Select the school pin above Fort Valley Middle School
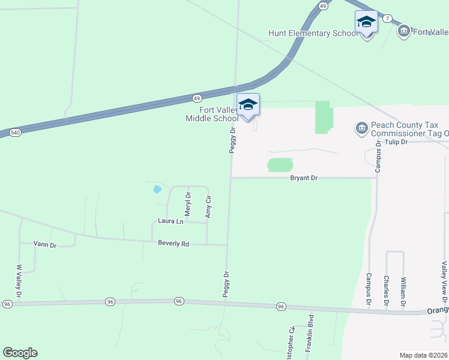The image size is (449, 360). (x=248, y=105)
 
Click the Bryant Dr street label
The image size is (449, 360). (x=303, y=178)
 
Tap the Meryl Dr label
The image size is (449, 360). (x=188, y=204)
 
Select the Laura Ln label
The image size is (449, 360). (x=171, y=221)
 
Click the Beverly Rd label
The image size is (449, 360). (x=173, y=244)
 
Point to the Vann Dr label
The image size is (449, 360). (x=44, y=245)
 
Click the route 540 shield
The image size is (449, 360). (x=15, y=132)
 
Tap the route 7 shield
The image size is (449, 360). (x=388, y=19)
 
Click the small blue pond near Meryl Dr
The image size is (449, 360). (x=157, y=190)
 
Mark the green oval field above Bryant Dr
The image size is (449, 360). (x=280, y=164)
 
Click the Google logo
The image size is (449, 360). (x=20, y=353)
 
